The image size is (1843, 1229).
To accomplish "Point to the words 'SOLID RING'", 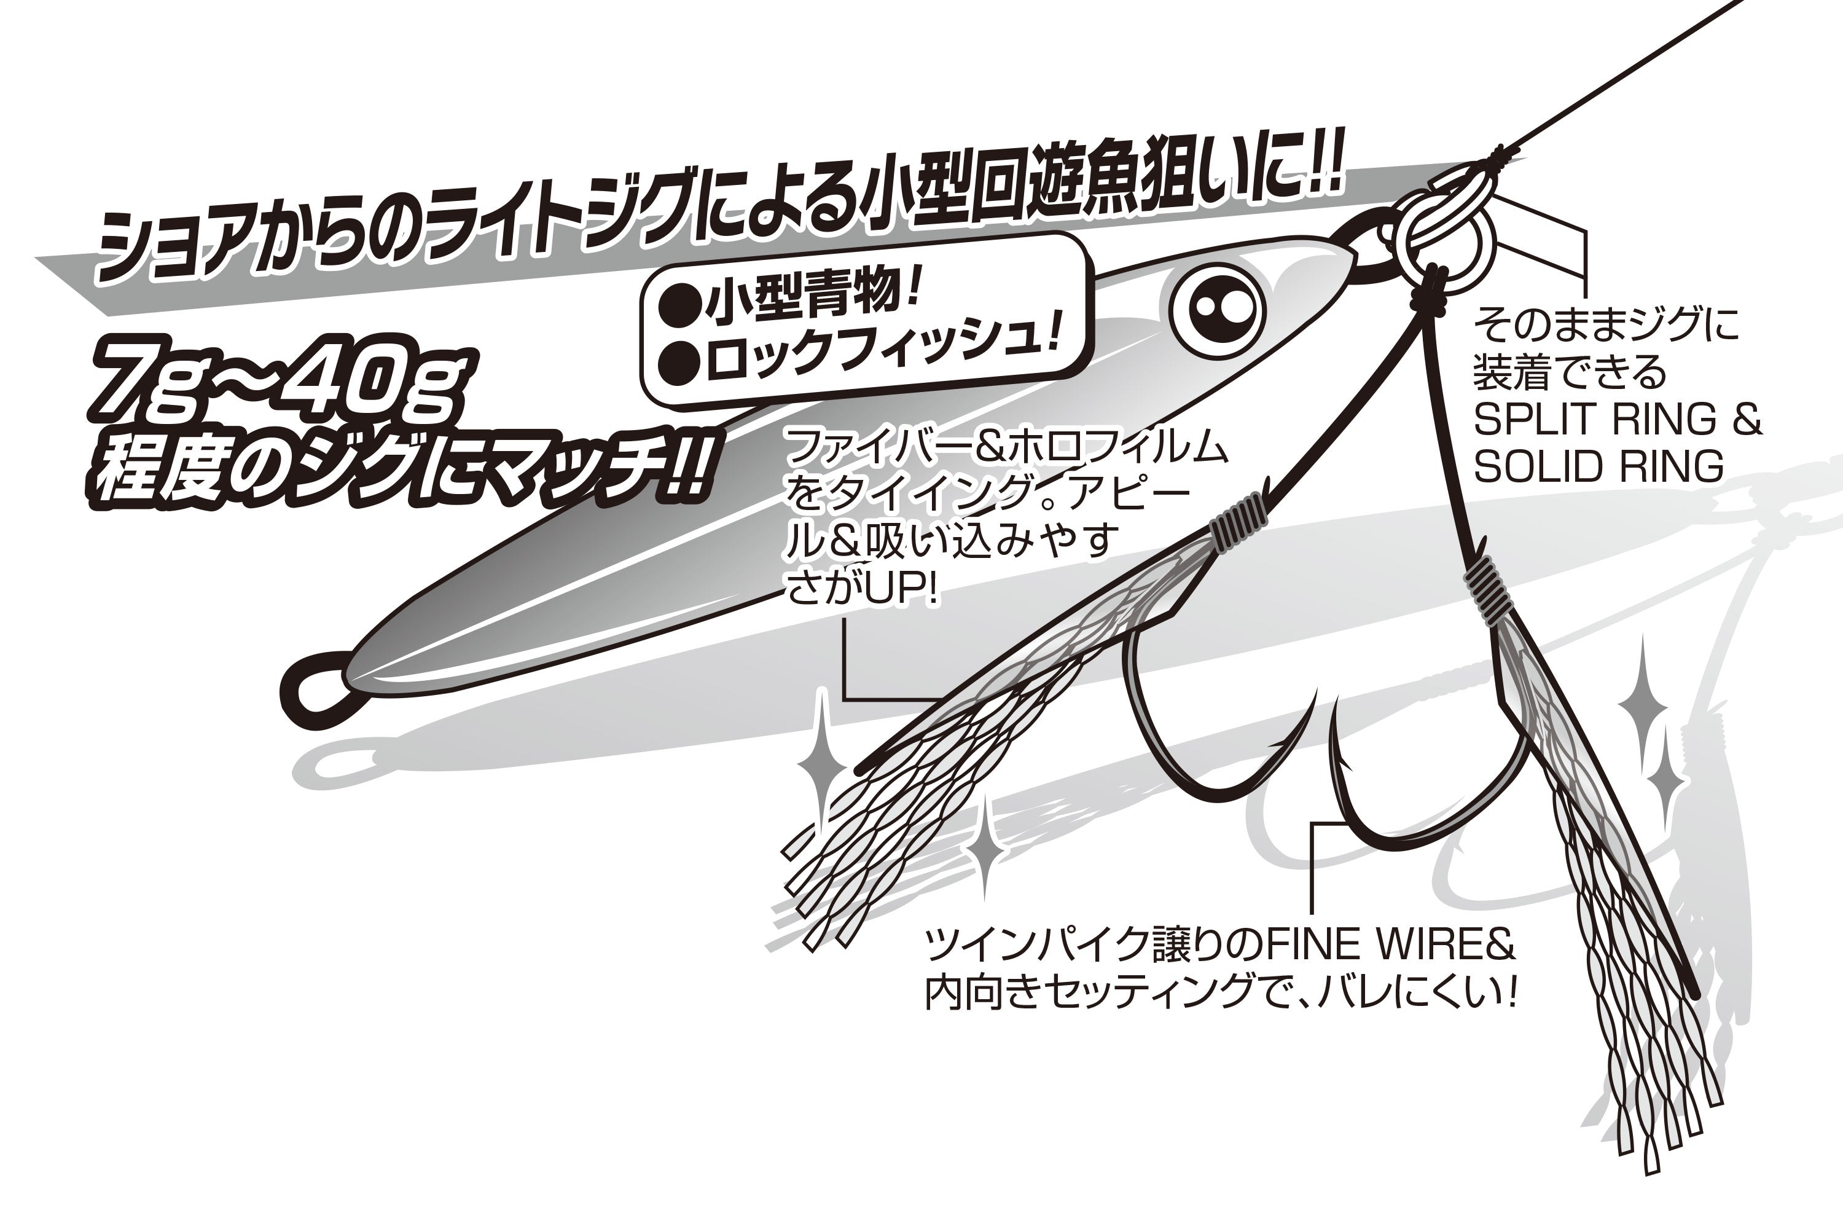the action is [1598, 466].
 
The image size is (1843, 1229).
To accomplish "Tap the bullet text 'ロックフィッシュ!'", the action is [882, 355].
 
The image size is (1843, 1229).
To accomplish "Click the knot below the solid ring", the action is [1434, 290].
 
